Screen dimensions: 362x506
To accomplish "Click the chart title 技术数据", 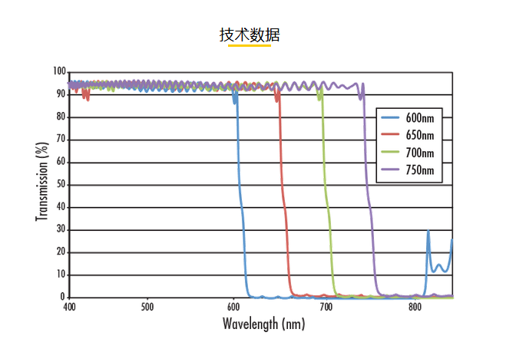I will tap(250, 35).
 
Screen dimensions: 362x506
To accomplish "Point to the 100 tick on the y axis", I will tap(59, 72).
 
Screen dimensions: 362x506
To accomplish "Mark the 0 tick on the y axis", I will tap(64, 297).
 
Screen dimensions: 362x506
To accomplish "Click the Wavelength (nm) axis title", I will tap(263, 324).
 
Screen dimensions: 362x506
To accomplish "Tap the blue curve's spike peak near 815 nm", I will tap(428, 231).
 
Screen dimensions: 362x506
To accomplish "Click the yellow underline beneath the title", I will tap(250, 46).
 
